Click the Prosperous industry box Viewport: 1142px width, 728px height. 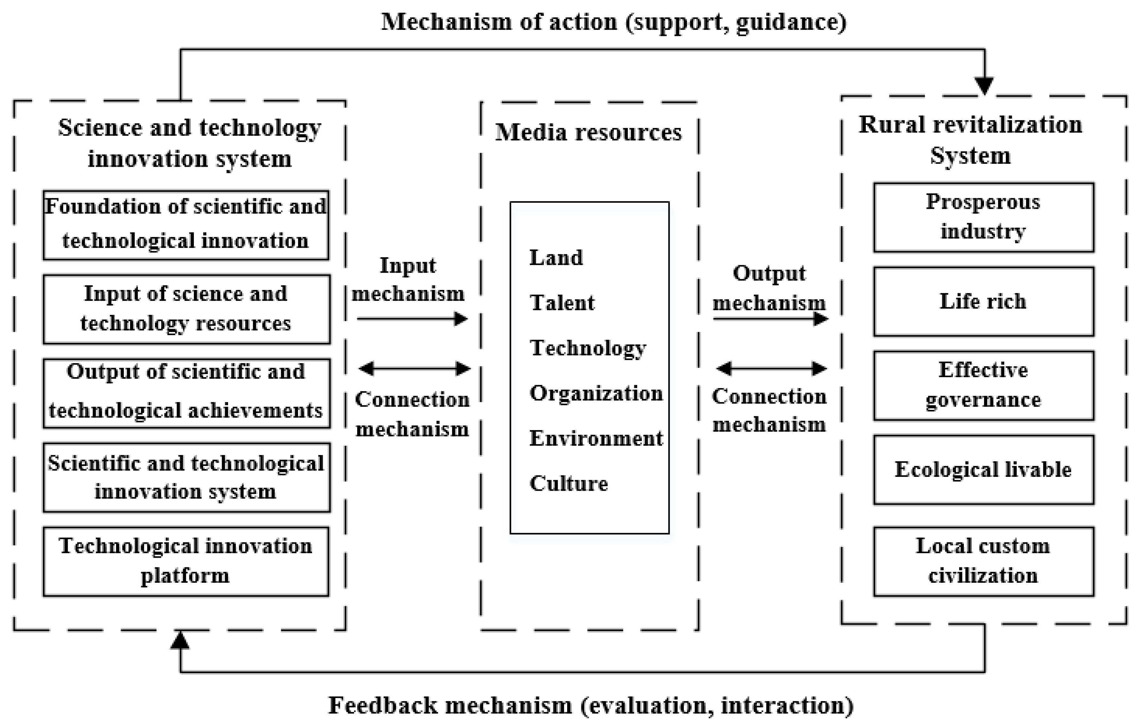(983, 217)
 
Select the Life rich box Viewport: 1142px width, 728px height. (983, 302)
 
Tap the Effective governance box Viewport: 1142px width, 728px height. (983, 385)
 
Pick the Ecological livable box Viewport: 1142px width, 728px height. (983, 470)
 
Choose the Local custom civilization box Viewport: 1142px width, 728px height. (983, 561)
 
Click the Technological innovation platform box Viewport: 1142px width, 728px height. (186, 561)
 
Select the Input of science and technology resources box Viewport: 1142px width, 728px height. (186, 309)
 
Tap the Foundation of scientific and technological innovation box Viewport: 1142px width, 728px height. (186, 225)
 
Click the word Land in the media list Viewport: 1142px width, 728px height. (556, 258)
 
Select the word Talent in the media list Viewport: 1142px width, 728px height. (562, 303)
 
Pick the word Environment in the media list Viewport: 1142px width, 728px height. (596, 438)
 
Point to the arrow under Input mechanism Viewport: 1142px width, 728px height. (412, 319)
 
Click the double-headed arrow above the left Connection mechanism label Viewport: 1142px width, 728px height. (414, 368)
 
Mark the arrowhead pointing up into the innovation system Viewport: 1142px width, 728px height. (180, 641)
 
